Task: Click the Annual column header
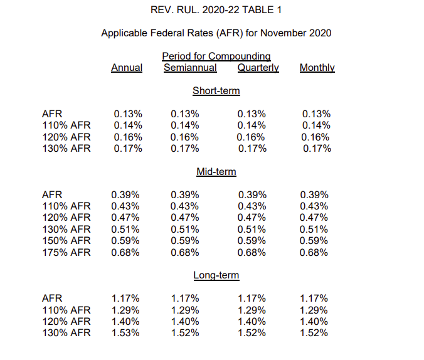[127, 68]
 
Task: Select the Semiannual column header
[190, 68]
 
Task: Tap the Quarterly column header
[258, 68]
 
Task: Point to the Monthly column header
[317, 68]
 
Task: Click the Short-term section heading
[216, 90]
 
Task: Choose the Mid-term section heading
[216, 171]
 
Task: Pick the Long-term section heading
[216, 275]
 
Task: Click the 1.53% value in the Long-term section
[125, 332]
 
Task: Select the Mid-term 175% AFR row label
[66, 252]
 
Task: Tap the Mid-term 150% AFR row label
[66, 240]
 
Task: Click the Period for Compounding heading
[216, 56]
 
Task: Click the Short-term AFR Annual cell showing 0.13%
[128, 114]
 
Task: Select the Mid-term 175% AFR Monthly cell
[314, 253]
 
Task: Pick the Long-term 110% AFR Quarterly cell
[252, 310]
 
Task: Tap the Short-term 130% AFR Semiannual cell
[184, 149]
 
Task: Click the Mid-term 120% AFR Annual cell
[125, 218]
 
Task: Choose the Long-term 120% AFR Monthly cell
[314, 322]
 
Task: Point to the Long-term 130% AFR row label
[66, 332]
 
